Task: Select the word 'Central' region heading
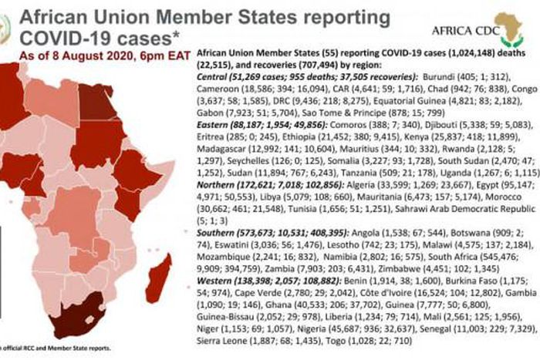[x=214, y=79]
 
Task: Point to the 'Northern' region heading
[x=218, y=186]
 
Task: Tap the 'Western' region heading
[x=217, y=304]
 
